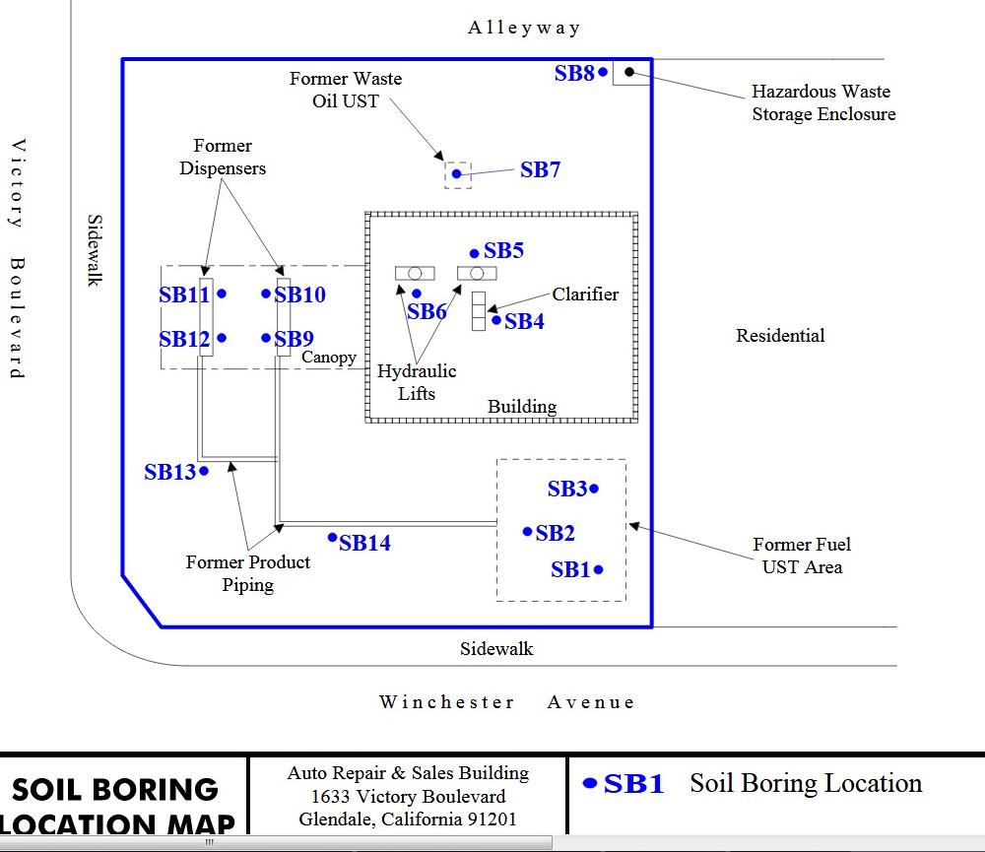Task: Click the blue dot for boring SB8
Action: pyautogui.click(x=604, y=72)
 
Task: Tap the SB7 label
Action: pyautogui.click(x=540, y=170)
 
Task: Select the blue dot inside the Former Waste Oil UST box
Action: pyautogui.click(x=457, y=174)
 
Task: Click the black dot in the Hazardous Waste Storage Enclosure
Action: pyautogui.click(x=628, y=72)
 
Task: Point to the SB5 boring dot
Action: pyautogui.click(x=475, y=253)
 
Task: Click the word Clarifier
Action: pyautogui.click(x=585, y=294)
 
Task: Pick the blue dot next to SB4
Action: pyautogui.click(x=496, y=319)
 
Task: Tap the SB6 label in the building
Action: pyautogui.click(x=427, y=312)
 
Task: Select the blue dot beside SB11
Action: pyautogui.click(x=222, y=293)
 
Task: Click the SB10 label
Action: pyautogui.click(x=300, y=295)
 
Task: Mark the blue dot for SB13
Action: pyautogui.click(x=204, y=471)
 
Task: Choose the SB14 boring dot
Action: pyautogui.click(x=333, y=537)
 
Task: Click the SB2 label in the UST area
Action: pyautogui.click(x=555, y=534)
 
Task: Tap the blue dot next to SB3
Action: pyautogui.click(x=595, y=489)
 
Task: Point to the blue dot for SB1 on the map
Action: pyautogui.click(x=599, y=569)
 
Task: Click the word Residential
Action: pyautogui.click(x=780, y=336)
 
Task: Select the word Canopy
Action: pyautogui.click(x=329, y=357)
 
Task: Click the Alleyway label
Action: pyautogui.click(x=524, y=28)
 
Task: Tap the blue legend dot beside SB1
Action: pyautogui.click(x=590, y=783)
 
